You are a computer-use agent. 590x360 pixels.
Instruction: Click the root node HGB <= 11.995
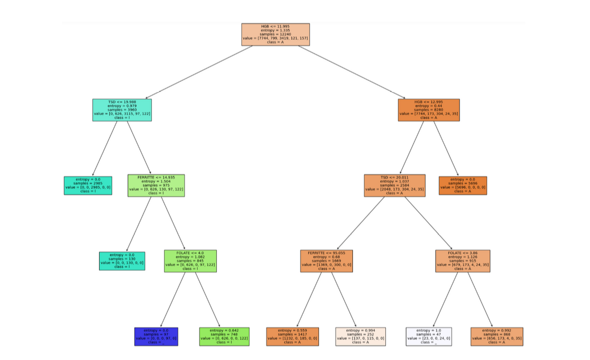[275, 35]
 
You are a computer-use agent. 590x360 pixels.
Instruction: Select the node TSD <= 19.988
[122, 110]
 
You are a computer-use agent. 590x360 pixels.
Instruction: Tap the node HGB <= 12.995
[428, 110]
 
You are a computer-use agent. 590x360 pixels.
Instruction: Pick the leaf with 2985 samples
[88, 186]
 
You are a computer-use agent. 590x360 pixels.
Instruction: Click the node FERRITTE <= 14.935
[156, 186]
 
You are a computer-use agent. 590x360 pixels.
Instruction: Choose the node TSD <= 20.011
[395, 186]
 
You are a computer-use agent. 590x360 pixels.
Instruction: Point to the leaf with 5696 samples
[462, 186]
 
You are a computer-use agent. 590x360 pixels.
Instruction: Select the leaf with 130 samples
[122, 261]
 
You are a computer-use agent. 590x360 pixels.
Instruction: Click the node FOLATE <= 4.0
[190, 261]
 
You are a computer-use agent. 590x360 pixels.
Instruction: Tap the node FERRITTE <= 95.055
[327, 261]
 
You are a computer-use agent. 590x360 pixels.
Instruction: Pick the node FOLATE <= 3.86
[462, 261]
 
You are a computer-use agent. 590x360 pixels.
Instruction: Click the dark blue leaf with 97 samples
[156, 337]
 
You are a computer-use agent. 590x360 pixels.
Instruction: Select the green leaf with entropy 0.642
[224, 337]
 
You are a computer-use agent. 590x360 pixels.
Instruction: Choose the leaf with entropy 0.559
[292, 337]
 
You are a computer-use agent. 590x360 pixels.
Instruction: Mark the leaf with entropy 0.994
[360, 337]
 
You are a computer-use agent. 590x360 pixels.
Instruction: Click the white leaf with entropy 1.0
[428, 337]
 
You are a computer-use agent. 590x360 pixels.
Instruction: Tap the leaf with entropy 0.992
[497, 337]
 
